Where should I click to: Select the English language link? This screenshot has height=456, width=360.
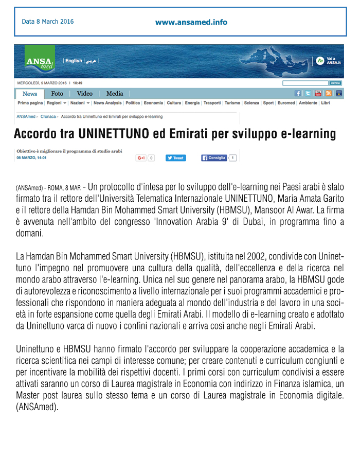tap(74, 61)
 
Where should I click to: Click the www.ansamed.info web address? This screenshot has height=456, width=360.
tap(191, 22)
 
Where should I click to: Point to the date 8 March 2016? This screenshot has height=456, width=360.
tap(48, 22)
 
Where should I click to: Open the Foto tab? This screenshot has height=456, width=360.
tap(57, 94)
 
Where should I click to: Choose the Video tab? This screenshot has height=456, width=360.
tap(85, 94)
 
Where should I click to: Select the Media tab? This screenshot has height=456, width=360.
tap(115, 94)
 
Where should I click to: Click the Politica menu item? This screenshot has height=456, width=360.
tap(133, 103)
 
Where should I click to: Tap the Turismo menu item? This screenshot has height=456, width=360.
tap(232, 103)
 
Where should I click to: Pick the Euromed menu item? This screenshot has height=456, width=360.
tap(286, 103)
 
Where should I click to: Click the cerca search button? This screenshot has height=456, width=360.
tap(335, 83)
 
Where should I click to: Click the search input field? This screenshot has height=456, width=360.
tap(305, 83)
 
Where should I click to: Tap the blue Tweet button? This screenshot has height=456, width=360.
tap(175, 158)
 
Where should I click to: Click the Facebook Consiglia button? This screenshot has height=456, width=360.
tap(214, 158)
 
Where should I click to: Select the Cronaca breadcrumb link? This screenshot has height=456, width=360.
tap(48, 117)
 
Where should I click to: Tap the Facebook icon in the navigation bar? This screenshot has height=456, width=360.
tap(297, 94)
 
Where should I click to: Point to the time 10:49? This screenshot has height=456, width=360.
tap(78, 83)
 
